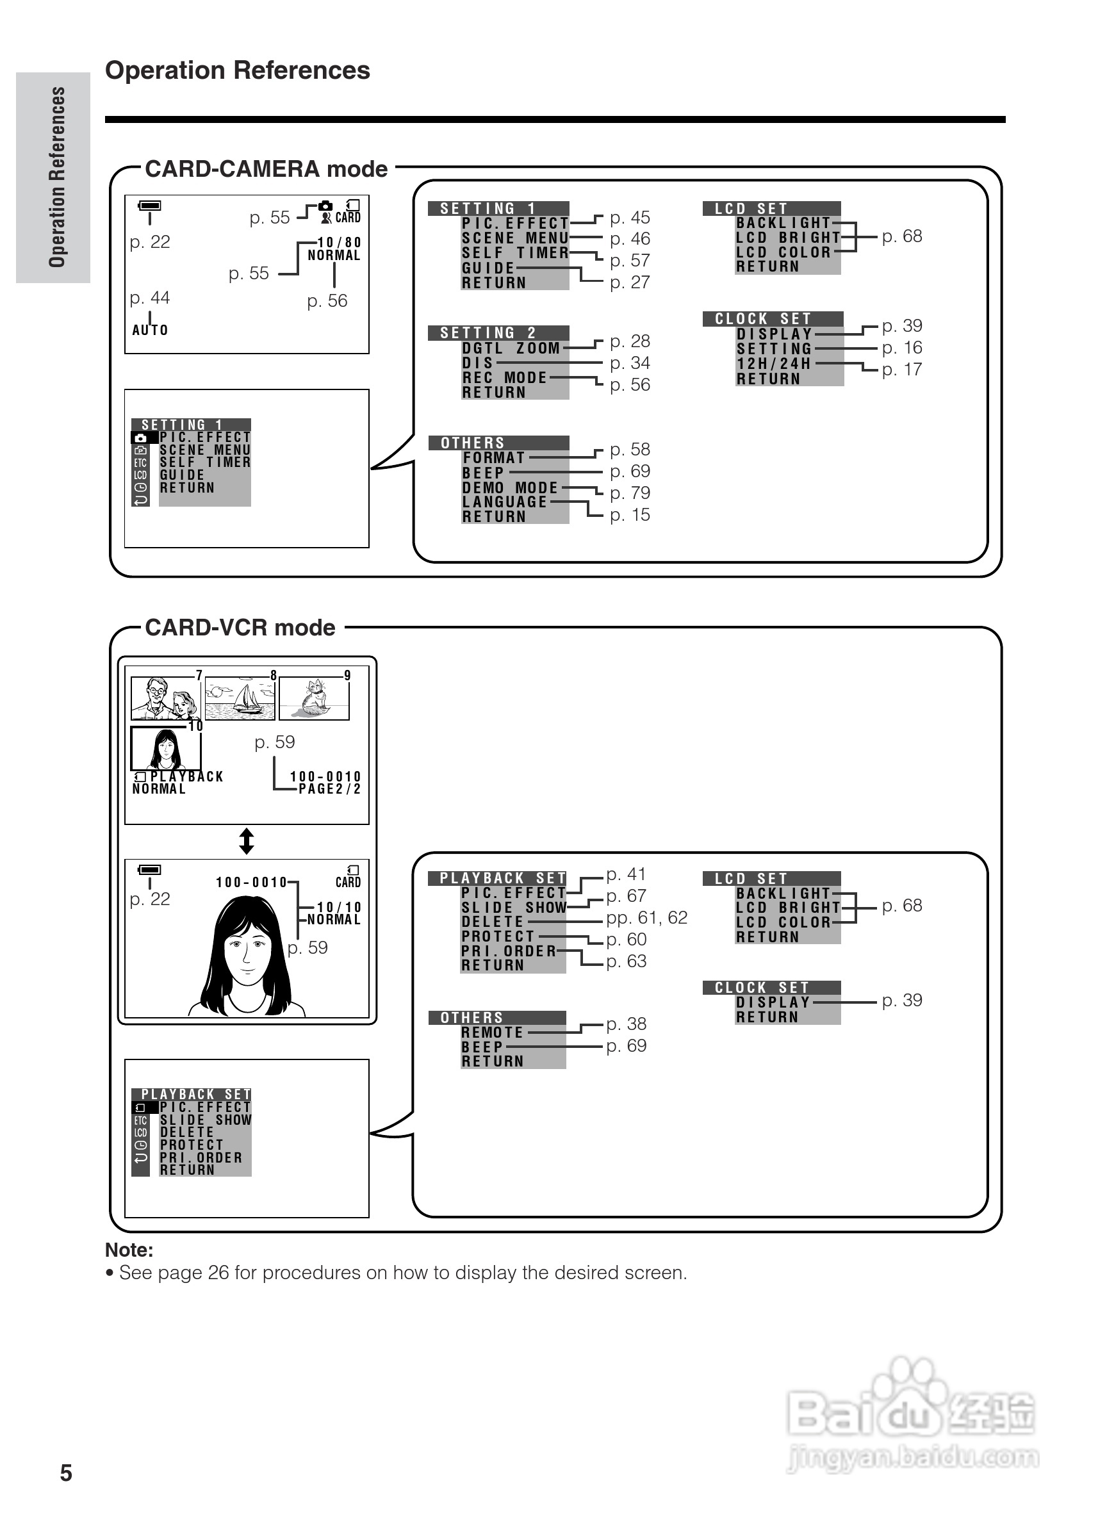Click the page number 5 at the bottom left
point(66,1473)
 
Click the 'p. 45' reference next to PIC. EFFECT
point(629,218)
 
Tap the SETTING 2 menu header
point(498,333)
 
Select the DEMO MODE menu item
point(510,488)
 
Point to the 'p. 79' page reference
point(629,493)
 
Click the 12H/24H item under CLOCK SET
point(774,364)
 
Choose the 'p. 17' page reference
point(901,370)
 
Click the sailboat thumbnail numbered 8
point(239,698)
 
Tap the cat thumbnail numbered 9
point(314,698)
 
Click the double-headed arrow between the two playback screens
point(247,841)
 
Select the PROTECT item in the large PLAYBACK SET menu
point(498,936)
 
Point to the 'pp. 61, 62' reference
point(646,917)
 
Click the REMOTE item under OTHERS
point(492,1033)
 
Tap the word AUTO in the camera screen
point(150,331)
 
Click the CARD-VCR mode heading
point(240,628)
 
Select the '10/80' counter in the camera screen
point(339,243)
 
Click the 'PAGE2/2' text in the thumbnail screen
point(330,789)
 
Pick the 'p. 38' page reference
point(626,1024)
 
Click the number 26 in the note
point(218,1273)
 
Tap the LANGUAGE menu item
point(505,502)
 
